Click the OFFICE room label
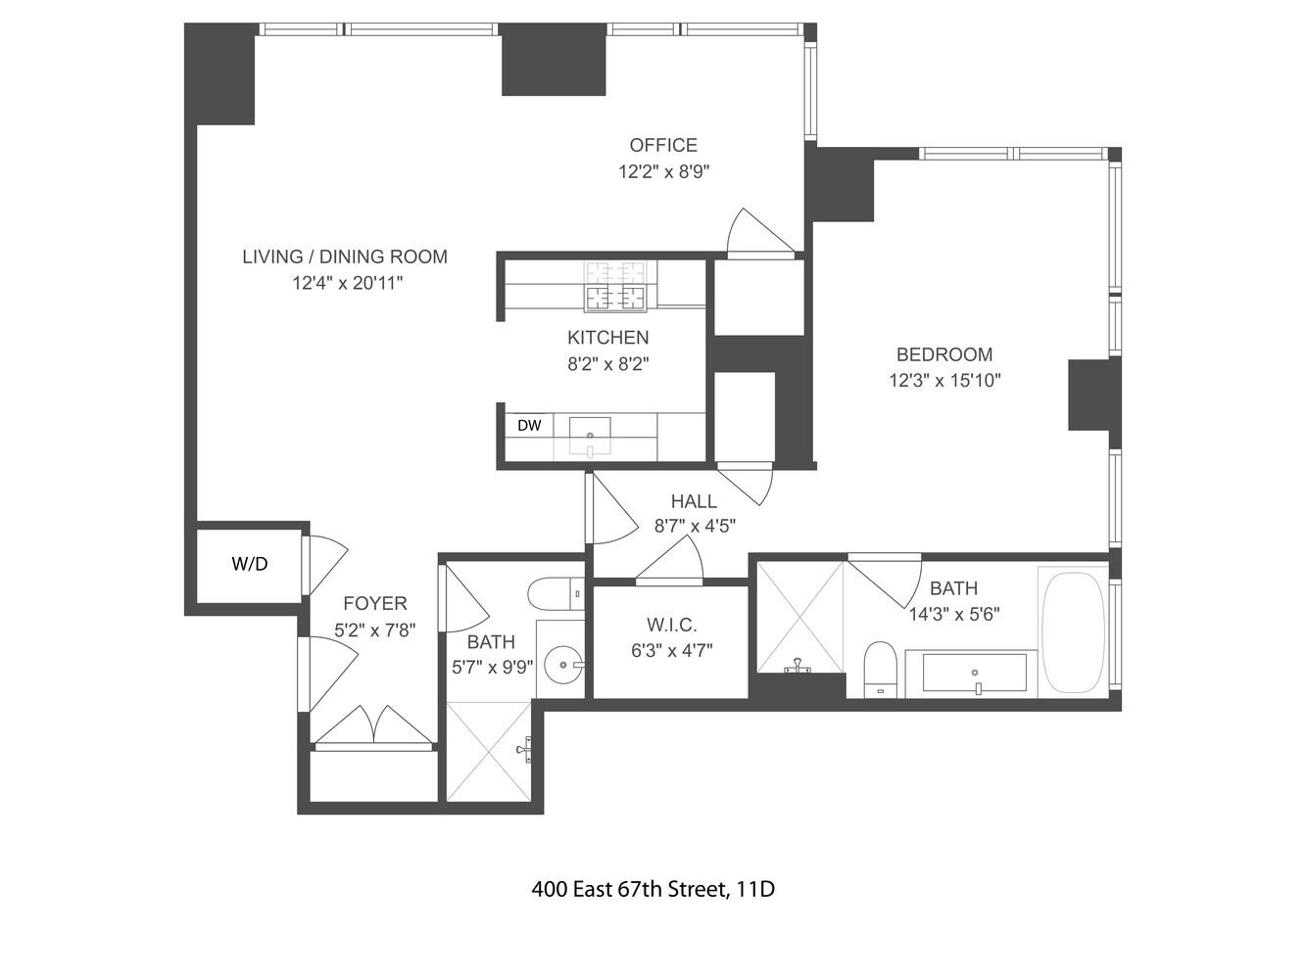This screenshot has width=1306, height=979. click(x=663, y=146)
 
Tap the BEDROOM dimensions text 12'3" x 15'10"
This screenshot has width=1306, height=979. click(x=944, y=381)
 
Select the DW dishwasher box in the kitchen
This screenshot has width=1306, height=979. click(x=529, y=426)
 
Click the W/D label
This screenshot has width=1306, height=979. click(x=250, y=564)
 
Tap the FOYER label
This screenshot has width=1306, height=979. click(x=375, y=604)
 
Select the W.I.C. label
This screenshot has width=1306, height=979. click(x=671, y=626)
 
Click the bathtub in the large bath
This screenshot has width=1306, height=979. click(x=1074, y=632)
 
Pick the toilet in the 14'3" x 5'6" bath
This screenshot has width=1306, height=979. click(x=881, y=669)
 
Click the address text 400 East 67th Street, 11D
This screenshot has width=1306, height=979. click(x=653, y=890)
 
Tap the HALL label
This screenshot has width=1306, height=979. click(x=694, y=501)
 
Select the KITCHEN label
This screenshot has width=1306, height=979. click(x=607, y=338)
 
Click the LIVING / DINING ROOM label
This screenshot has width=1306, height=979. click(x=345, y=256)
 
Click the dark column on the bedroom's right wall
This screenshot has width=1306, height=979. click(x=1092, y=395)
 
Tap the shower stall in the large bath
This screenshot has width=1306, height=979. click(x=800, y=616)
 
